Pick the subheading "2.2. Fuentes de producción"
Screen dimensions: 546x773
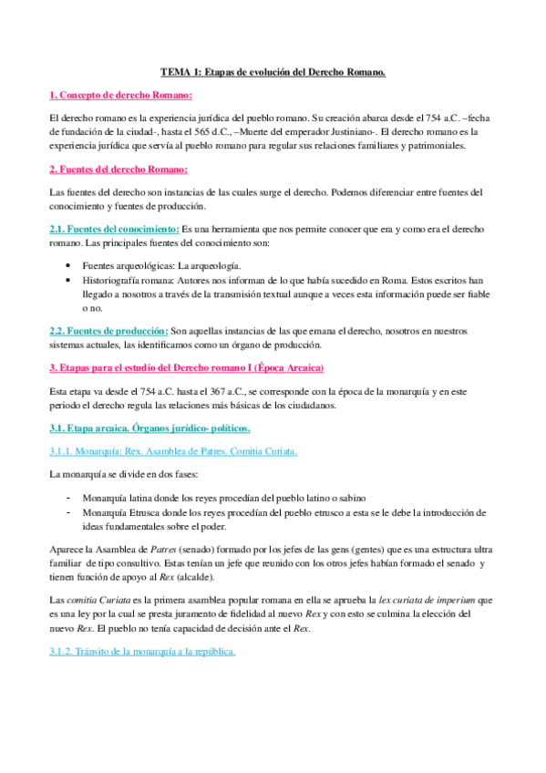(108, 330)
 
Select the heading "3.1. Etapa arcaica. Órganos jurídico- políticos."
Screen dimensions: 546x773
(149, 428)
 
